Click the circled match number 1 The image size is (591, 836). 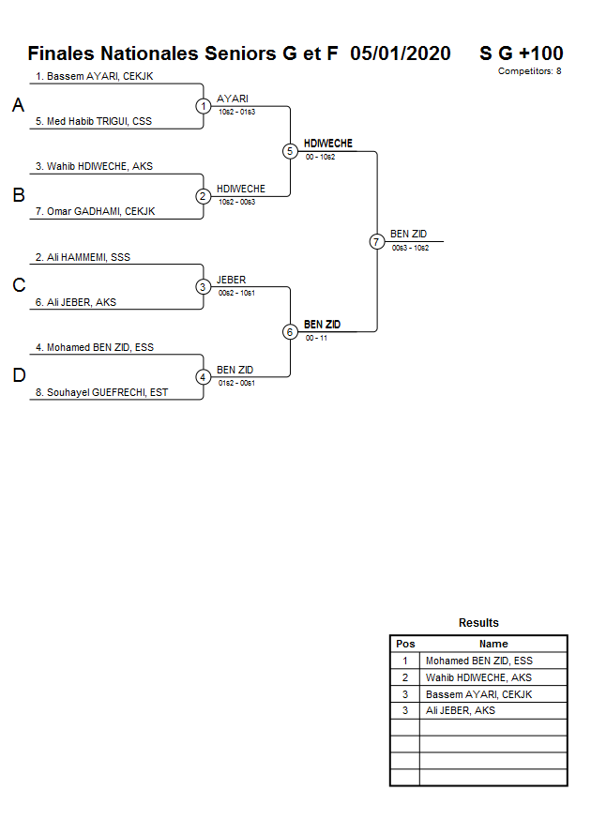pyautogui.click(x=204, y=106)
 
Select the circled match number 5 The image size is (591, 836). pyautogui.click(x=290, y=151)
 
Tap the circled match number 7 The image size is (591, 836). pyautogui.click(x=377, y=241)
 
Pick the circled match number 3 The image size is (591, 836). pyautogui.click(x=204, y=286)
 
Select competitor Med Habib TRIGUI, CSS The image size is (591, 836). pyautogui.click(x=94, y=121)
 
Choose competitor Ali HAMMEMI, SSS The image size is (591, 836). pyautogui.click(x=83, y=257)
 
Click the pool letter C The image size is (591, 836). pyautogui.click(x=19, y=286)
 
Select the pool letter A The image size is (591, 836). pyautogui.click(x=18, y=106)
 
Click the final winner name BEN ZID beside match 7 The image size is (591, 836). pyautogui.click(x=408, y=234)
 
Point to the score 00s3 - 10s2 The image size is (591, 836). pyautogui.click(x=410, y=248)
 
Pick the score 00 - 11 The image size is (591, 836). pyautogui.click(x=316, y=338)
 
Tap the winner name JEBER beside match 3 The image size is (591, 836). pyautogui.click(x=231, y=280)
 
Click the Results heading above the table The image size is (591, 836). pyautogui.click(x=478, y=623)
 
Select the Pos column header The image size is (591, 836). pyautogui.click(x=405, y=644)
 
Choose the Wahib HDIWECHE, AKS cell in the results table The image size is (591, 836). pyautogui.click(x=478, y=677)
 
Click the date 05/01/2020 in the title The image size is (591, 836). pyautogui.click(x=401, y=53)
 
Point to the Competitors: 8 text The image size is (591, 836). pyautogui.click(x=529, y=71)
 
